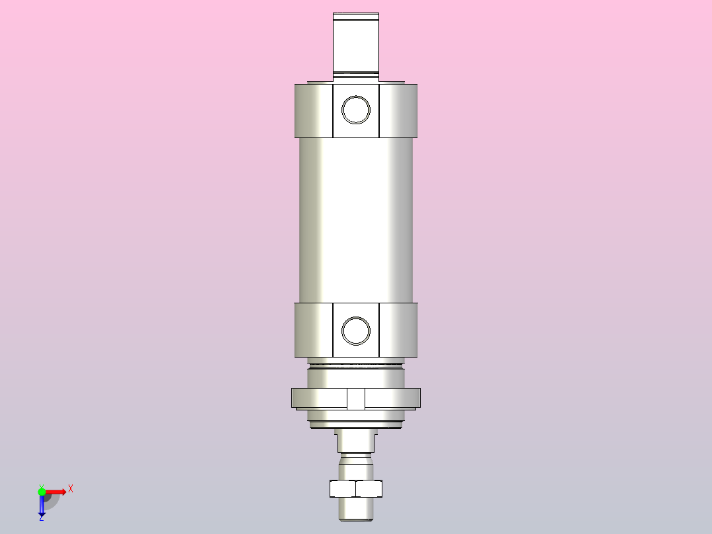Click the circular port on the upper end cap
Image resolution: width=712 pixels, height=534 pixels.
[x=356, y=109]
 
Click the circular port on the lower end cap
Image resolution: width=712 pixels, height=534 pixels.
[x=356, y=330]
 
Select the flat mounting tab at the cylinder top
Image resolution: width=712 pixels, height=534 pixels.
[x=356, y=43]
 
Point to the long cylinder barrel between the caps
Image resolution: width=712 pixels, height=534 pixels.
[x=356, y=218]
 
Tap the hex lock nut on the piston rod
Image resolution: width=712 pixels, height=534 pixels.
[x=356, y=488]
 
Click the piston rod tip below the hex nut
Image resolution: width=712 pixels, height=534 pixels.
[x=356, y=508]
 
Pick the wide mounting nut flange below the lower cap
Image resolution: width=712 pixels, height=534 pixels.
[x=317, y=398]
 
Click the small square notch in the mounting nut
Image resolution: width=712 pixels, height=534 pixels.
[x=356, y=399]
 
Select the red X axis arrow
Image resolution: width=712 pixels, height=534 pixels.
[x=57, y=491]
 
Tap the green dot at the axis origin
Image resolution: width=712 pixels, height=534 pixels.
[x=42, y=491]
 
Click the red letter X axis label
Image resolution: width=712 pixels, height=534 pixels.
[x=71, y=488]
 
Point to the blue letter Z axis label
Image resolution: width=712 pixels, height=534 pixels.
[x=41, y=518]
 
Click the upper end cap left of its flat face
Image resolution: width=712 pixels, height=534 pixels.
[x=313, y=111]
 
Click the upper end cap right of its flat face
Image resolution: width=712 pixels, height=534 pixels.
[x=399, y=111]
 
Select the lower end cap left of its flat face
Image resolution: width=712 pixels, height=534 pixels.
[x=313, y=330]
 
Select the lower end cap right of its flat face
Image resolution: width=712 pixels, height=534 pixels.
[x=399, y=330]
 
